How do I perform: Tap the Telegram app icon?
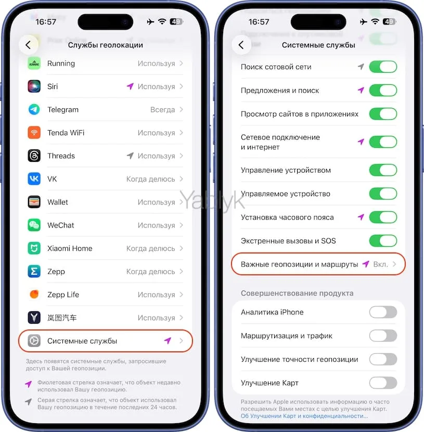pos(34,110)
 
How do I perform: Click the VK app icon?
pos(34,179)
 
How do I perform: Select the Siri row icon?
pos(34,86)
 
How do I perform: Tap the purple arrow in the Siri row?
pos(130,86)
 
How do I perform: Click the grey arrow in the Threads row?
pos(130,156)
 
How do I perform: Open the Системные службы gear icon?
pos(34,341)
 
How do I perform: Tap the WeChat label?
pos(61,225)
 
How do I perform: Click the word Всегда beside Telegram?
pos(162,110)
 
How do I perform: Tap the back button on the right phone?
pos(241,45)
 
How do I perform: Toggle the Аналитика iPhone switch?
pos(383,312)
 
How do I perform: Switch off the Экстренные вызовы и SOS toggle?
pos(383,241)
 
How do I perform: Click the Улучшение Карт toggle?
pos(383,383)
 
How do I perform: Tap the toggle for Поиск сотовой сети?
pos(383,67)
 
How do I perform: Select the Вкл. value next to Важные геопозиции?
pos(380,264)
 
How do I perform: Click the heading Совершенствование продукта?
pos(297,294)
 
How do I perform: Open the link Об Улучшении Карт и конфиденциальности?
pos(304,416)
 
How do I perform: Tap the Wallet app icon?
pos(34,202)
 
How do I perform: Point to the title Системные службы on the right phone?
pos(318,45)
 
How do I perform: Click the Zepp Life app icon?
pos(34,295)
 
